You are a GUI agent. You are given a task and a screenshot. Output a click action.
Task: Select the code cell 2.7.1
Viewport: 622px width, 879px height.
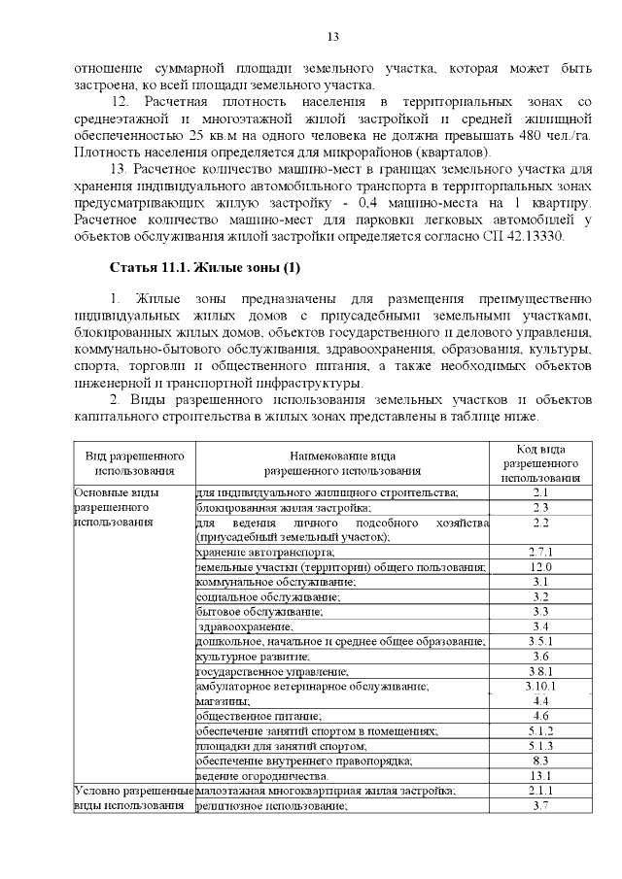540,551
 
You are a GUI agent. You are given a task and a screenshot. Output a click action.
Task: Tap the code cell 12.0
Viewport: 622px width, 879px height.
540,566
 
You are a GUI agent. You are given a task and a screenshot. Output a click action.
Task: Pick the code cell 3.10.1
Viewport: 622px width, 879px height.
540,686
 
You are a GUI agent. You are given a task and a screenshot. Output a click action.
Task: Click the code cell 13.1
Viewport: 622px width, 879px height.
540,776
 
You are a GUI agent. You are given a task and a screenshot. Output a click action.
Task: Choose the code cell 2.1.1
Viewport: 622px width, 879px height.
540,792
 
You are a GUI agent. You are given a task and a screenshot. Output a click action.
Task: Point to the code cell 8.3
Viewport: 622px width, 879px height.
540,761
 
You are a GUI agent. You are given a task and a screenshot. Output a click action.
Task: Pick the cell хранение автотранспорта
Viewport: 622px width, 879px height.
258,551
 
